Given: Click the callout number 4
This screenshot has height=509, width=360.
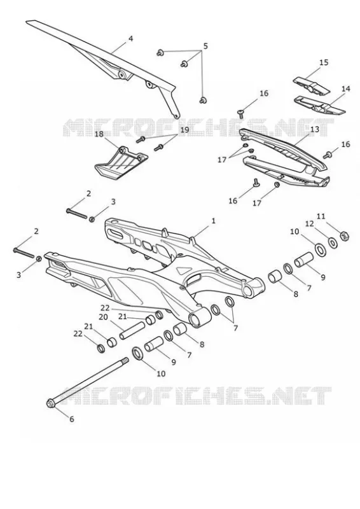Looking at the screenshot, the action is click(x=130, y=39).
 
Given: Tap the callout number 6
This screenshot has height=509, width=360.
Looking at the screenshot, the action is click(x=72, y=419).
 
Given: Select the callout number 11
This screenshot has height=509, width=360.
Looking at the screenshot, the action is click(x=321, y=216).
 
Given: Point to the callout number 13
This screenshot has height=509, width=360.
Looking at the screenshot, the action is click(x=315, y=130).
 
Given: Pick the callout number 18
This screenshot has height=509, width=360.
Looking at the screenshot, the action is click(x=99, y=134).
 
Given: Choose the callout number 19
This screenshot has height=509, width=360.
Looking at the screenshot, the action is click(x=184, y=130).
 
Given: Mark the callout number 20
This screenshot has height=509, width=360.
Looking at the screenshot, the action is click(x=103, y=317).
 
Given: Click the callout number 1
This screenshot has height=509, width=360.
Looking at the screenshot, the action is click(x=213, y=221).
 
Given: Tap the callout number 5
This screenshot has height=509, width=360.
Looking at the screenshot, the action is click(x=205, y=46).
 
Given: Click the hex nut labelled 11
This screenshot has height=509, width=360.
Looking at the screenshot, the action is click(x=344, y=235).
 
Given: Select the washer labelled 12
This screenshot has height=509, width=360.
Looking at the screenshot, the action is click(x=333, y=242).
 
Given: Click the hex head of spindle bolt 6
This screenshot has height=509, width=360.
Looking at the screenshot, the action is click(x=51, y=403).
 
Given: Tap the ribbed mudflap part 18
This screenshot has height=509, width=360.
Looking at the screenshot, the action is click(x=121, y=162).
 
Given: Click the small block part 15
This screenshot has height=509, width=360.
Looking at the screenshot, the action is click(x=311, y=85).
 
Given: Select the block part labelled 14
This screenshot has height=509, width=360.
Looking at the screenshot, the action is click(x=320, y=105).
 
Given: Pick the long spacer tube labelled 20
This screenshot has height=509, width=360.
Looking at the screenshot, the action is click(x=132, y=330).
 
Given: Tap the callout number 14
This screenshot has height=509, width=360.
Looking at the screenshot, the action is click(x=346, y=88).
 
